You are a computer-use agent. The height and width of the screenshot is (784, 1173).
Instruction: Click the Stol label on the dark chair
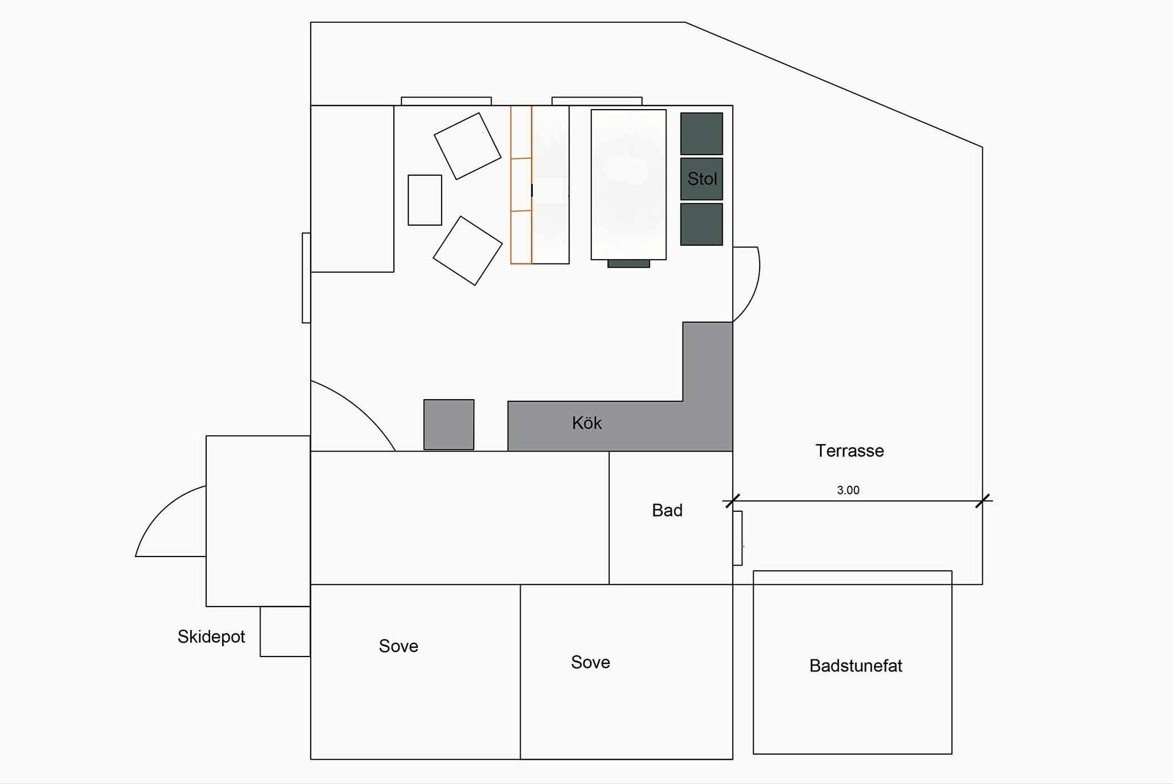(x=702, y=179)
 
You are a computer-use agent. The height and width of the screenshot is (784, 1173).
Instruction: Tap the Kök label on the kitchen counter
(x=587, y=423)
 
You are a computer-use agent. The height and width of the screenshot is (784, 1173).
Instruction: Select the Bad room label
(x=667, y=510)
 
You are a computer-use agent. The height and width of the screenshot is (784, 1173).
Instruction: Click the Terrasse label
(x=850, y=451)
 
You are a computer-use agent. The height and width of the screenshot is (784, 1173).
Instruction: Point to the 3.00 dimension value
(x=848, y=490)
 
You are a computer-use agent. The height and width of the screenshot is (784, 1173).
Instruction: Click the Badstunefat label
(x=855, y=666)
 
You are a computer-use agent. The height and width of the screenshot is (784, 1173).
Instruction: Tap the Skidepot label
(x=211, y=636)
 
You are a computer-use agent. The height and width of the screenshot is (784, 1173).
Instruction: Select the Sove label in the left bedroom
(x=398, y=646)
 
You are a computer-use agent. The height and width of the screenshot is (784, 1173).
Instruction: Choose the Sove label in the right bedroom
(x=590, y=662)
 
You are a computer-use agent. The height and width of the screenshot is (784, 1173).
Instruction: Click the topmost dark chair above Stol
(x=702, y=134)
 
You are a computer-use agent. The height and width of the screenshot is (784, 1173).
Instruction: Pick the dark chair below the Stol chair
(x=702, y=224)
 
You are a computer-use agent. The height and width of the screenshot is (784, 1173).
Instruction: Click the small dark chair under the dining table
(x=629, y=264)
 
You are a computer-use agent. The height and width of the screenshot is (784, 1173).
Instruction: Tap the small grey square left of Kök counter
(x=449, y=424)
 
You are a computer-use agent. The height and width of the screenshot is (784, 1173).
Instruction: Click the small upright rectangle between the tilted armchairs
(x=425, y=200)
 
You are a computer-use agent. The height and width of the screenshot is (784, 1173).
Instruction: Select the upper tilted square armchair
(x=467, y=146)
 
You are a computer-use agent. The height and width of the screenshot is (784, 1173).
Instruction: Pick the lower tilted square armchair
(x=467, y=250)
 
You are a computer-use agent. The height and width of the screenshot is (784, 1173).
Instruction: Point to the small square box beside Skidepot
(x=285, y=631)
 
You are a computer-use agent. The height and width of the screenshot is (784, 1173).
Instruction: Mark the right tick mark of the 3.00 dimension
(x=983, y=501)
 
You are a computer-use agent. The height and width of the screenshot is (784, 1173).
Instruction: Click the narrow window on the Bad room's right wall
(x=738, y=538)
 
